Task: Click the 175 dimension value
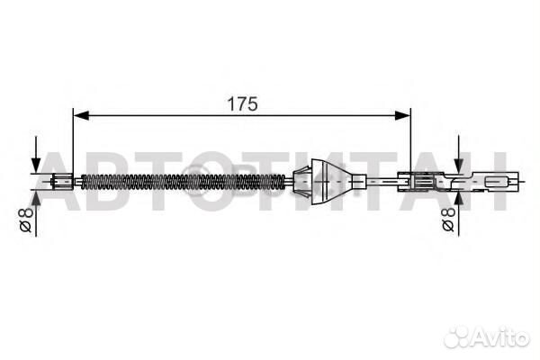tap(242, 104)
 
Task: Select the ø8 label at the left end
tap(26, 219)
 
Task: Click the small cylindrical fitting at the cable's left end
tap(62, 182)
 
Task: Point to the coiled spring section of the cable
tap(180, 182)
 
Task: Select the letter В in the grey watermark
tap(106, 184)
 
